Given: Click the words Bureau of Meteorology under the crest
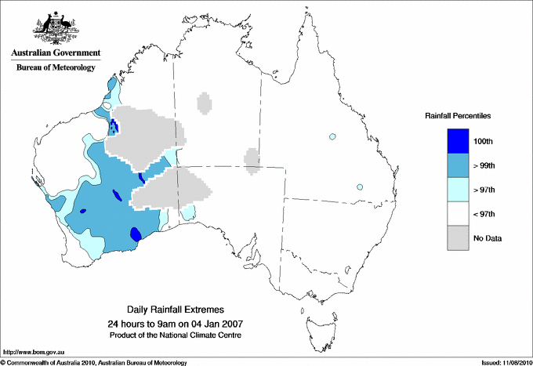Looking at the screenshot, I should tap(56, 67).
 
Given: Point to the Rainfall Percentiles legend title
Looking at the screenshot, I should tap(458, 116).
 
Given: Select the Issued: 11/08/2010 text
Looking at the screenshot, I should tap(502, 362).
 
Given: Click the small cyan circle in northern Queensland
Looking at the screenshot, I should tap(333, 136).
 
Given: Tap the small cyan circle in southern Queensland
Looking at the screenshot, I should tap(360, 187).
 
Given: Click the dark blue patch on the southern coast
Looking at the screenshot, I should tap(136, 234).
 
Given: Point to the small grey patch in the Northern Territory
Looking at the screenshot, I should tap(204, 103).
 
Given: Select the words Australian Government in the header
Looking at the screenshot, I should tap(56, 53).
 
